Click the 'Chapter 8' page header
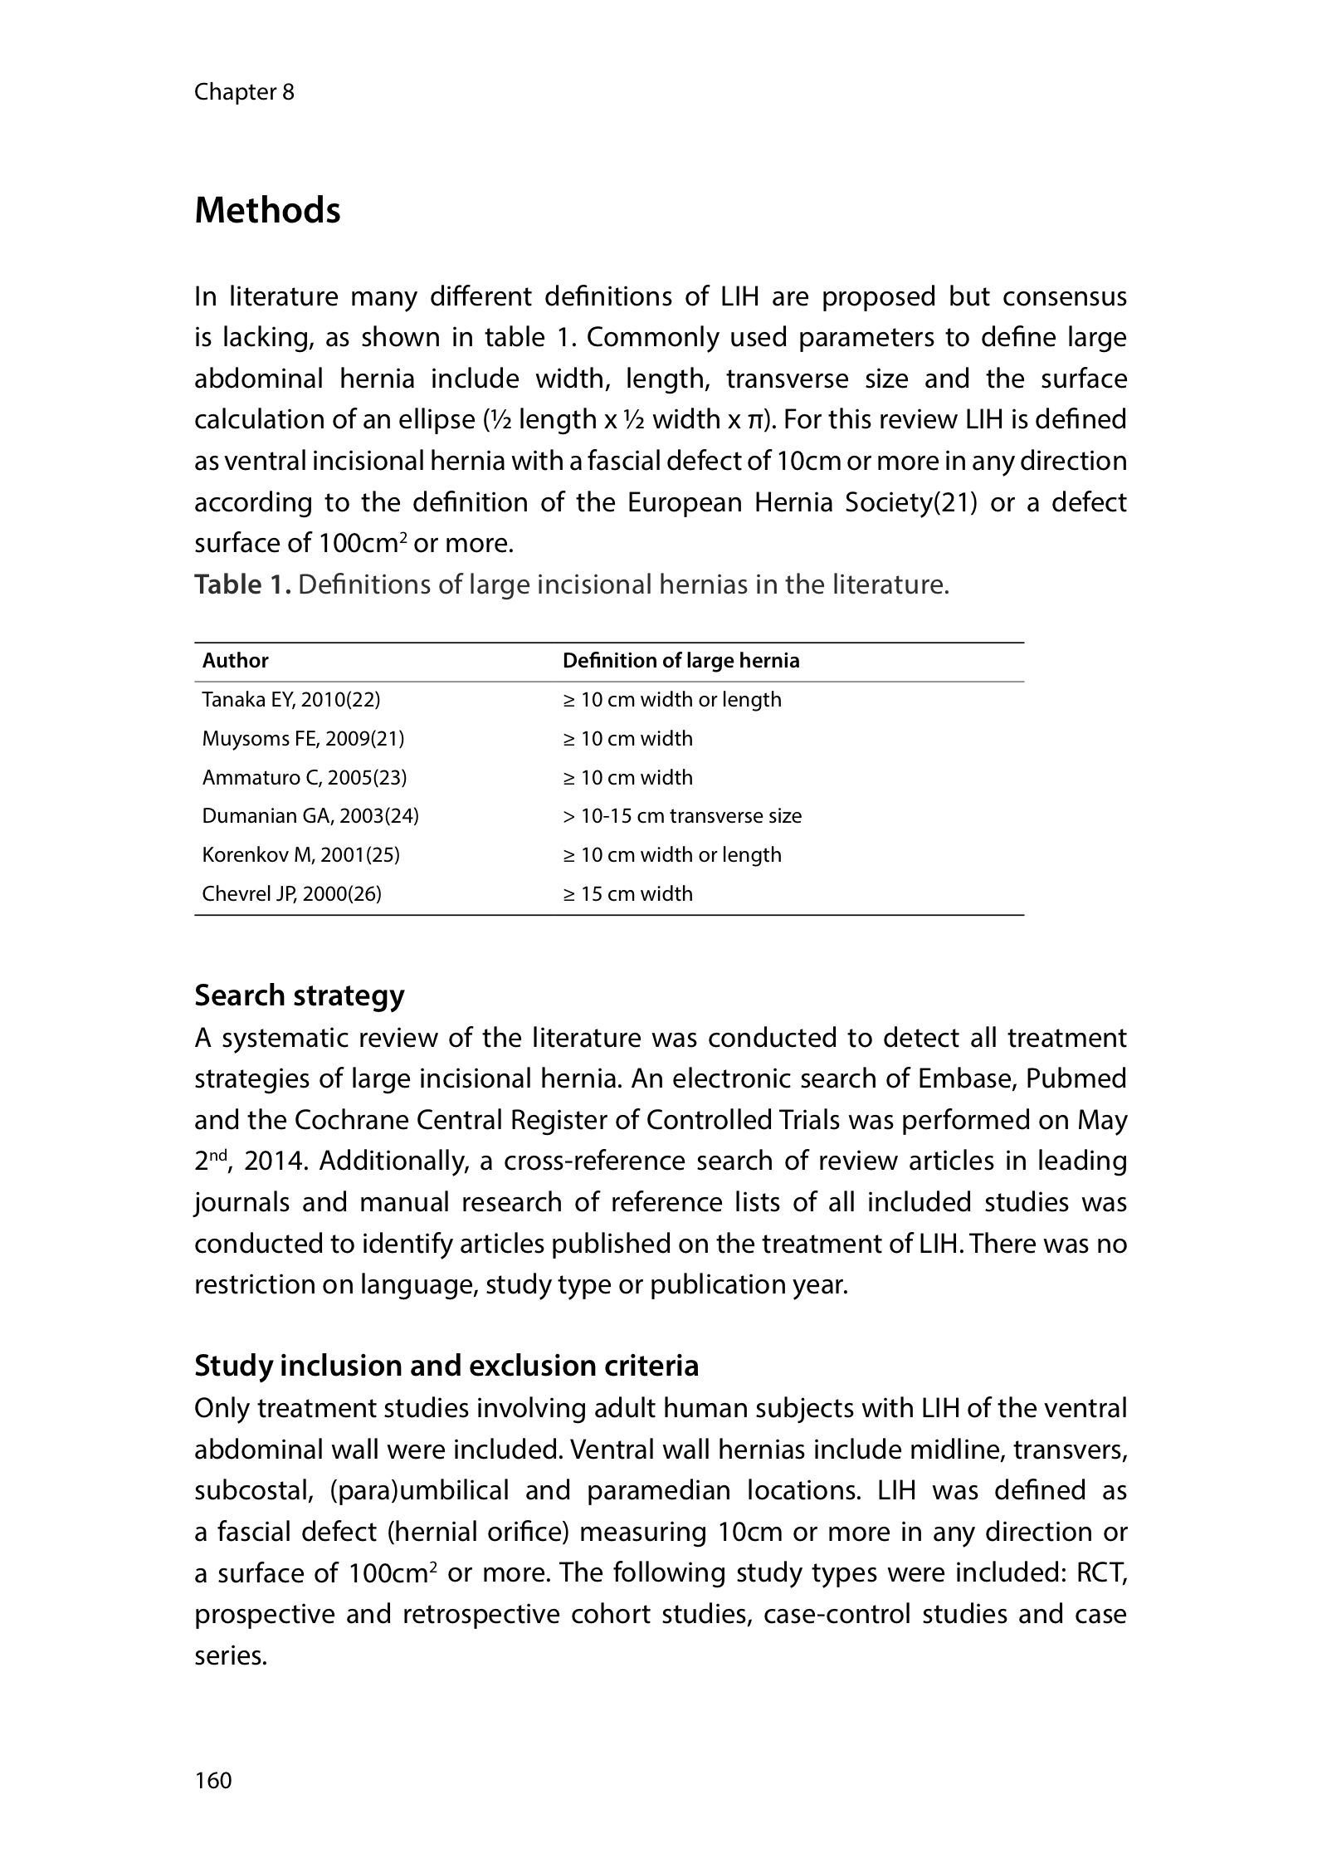[x=244, y=91]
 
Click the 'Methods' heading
[x=267, y=211]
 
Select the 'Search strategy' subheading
[x=300, y=995]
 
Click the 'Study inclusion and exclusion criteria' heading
[x=446, y=1366]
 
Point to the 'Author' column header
[x=236, y=661]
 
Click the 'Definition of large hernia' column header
[x=681, y=661]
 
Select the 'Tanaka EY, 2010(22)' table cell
[x=291, y=700]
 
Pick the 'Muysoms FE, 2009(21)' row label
[x=303, y=739]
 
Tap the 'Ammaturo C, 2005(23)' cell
[x=305, y=778]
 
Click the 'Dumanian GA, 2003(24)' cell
[x=310, y=816]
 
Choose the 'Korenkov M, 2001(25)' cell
[x=301, y=855]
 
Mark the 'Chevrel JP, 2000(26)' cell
[x=292, y=894]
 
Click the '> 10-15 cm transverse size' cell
[x=682, y=816]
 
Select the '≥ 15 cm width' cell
[x=627, y=894]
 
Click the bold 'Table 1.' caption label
[x=242, y=585]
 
